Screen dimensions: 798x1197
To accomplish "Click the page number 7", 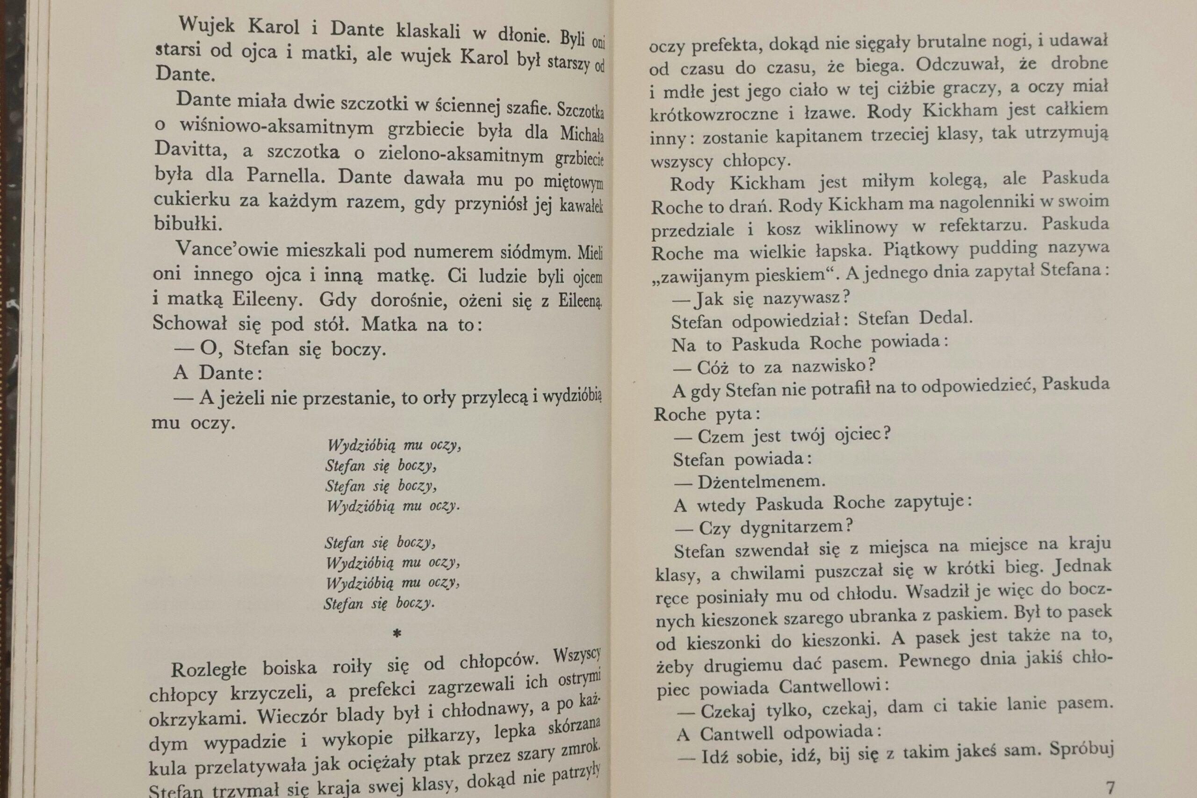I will click(1110, 788).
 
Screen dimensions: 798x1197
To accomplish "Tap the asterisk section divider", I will click(397, 633).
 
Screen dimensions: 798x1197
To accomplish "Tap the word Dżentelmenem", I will click(761, 482).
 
